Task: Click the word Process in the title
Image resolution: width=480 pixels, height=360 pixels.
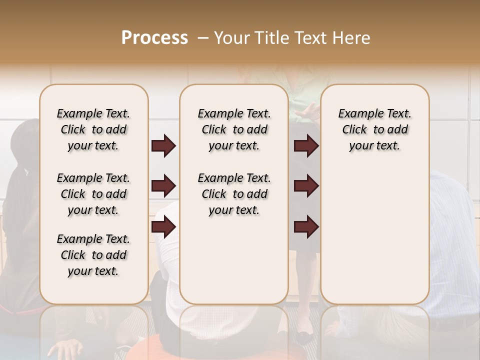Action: pos(154,38)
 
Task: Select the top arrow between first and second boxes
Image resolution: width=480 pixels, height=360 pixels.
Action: pos(163,145)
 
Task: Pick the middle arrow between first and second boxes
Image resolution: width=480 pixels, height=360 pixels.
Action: pos(163,186)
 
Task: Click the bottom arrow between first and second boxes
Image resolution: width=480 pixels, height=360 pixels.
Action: pos(163,227)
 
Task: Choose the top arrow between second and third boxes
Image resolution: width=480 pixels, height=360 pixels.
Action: pos(306,145)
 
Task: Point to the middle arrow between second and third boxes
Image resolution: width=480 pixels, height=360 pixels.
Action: pos(306,186)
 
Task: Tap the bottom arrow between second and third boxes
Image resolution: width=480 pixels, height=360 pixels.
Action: pos(306,227)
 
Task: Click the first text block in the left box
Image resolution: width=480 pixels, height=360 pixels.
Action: pos(93,129)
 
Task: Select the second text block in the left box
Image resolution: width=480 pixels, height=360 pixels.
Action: pos(93,194)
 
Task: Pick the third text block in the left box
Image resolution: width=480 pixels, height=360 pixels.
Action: pos(93,255)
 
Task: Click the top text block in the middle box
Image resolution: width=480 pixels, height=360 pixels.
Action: pos(234,129)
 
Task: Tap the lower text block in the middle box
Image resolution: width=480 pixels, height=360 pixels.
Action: pos(234,194)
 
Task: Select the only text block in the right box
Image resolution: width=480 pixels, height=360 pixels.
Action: pos(374,129)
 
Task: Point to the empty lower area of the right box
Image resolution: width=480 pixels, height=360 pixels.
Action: pos(374,230)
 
